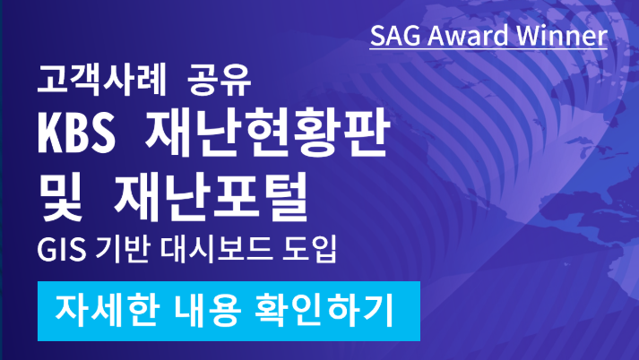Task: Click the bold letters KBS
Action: [x=76, y=133]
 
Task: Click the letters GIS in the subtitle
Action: [x=62, y=249]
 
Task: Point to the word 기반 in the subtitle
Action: [x=122, y=249]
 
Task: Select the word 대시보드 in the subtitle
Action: [x=216, y=249]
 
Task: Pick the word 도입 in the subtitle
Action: [x=310, y=249]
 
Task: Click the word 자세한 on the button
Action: [x=107, y=311]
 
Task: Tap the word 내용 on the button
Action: [x=207, y=311]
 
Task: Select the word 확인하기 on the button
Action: [x=324, y=311]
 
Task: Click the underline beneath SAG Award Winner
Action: [x=488, y=49]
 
